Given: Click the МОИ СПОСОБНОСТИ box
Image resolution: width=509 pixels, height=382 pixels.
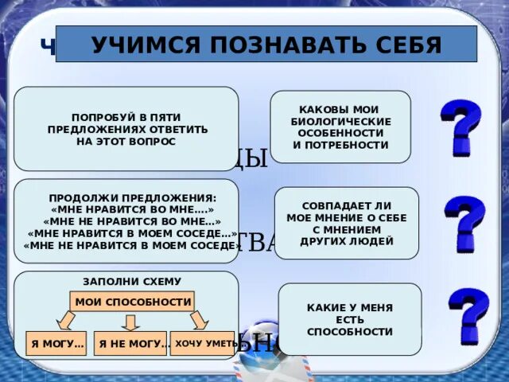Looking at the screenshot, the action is pyautogui.click(x=133, y=302).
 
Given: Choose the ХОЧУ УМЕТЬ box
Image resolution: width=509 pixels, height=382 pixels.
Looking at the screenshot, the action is pyautogui.click(x=204, y=342).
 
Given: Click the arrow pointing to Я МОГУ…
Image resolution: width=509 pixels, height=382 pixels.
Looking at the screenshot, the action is pyautogui.click(x=66, y=320).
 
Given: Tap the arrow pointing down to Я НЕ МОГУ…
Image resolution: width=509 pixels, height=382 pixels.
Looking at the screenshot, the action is pyautogui.click(x=132, y=321).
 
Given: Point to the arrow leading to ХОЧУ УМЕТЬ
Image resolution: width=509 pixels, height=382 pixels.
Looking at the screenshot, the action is pyautogui.click(x=200, y=320).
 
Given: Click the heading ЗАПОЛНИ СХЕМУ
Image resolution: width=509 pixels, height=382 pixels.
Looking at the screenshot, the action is pyautogui.click(x=132, y=281).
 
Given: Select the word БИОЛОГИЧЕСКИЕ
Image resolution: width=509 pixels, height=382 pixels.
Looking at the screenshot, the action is pyautogui.click(x=340, y=121).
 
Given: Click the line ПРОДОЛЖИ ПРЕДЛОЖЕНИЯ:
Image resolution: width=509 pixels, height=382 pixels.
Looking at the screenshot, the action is pyautogui.click(x=132, y=197).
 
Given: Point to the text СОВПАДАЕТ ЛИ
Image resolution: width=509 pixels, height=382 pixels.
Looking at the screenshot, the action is pyautogui.click(x=346, y=205).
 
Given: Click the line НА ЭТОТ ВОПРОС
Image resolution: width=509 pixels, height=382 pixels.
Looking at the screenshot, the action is pyautogui.click(x=127, y=141).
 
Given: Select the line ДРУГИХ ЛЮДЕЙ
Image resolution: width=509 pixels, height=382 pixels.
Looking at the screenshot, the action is pyautogui.click(x=346, y=240).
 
